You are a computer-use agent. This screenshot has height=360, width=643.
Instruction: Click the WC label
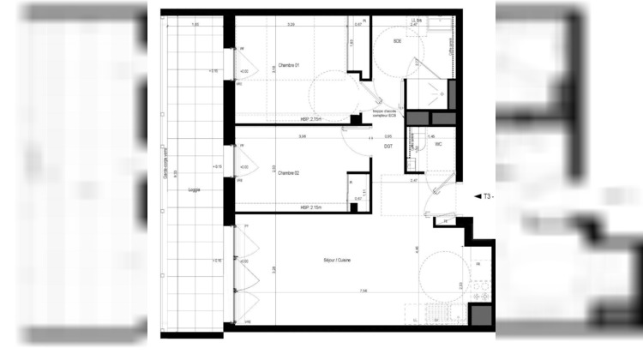438,144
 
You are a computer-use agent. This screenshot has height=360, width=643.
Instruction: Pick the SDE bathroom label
398,41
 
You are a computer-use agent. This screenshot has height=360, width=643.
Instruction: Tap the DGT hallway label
388,147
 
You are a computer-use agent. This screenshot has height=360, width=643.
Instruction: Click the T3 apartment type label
487,196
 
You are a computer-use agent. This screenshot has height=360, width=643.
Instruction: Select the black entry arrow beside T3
476,196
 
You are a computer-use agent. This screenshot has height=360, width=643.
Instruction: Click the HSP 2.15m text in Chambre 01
310,119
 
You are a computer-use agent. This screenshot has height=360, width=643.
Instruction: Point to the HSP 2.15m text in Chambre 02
310,207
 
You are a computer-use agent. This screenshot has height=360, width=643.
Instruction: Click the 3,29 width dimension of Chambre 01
291,25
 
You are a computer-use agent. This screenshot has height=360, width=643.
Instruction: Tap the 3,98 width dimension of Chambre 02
302,136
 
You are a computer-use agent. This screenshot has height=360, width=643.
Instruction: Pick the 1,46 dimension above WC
431,135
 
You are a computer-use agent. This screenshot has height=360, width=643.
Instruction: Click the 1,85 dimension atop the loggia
195,25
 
